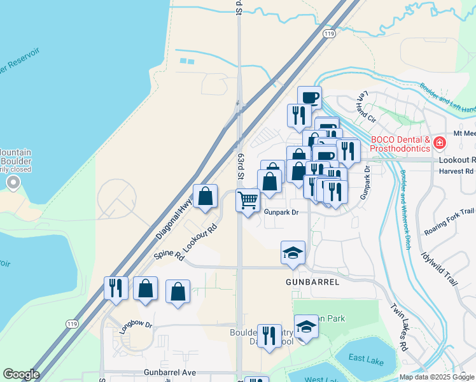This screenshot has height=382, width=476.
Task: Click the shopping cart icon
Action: tap(248, 200)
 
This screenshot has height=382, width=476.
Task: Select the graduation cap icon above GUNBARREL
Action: tap(293, 252)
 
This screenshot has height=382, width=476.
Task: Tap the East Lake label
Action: tap(366, 360)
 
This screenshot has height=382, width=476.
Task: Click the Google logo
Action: tap(20, 374)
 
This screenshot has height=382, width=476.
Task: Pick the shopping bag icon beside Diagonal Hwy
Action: tap(205, 197)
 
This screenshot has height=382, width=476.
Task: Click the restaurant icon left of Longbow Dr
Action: tap(115, 288)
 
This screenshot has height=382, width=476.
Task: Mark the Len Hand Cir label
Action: tap(361, 104)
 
